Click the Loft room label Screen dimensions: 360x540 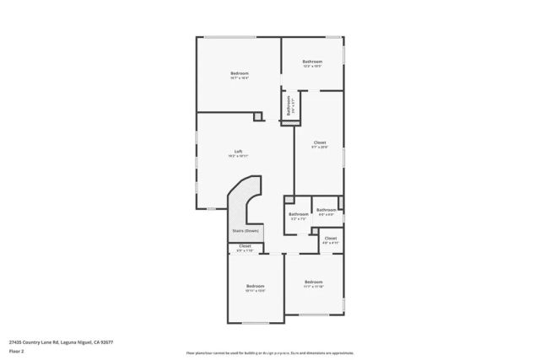239,152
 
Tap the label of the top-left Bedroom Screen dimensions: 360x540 240,74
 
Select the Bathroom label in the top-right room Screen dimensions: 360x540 313,61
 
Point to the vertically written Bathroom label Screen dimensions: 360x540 289,105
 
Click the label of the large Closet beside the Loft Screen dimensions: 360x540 320,142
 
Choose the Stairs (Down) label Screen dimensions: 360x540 246,230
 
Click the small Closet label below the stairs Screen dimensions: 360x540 245,245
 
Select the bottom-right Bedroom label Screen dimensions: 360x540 313,282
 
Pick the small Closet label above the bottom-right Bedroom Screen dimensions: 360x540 331,239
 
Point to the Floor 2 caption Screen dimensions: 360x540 17,352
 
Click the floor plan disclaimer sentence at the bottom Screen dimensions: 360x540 270,352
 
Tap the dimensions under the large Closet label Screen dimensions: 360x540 320,148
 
